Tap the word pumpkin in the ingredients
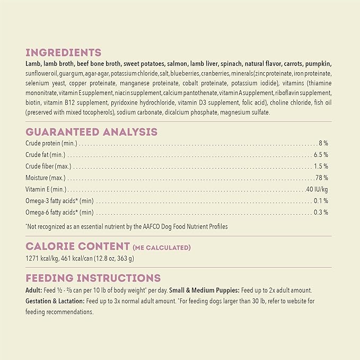coord(317,64)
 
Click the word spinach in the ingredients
coord(232,64)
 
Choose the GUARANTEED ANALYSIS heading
coord(91,132)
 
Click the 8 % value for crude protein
coord(323,143)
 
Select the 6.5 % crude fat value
coord(320,155)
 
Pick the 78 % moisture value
coord(321,178)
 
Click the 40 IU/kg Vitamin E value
coord(317,189)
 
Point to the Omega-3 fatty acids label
coord(59,201)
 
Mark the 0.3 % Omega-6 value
coord(320,212)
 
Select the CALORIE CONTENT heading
coord(77,247)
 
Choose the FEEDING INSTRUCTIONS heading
coord(93,278)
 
